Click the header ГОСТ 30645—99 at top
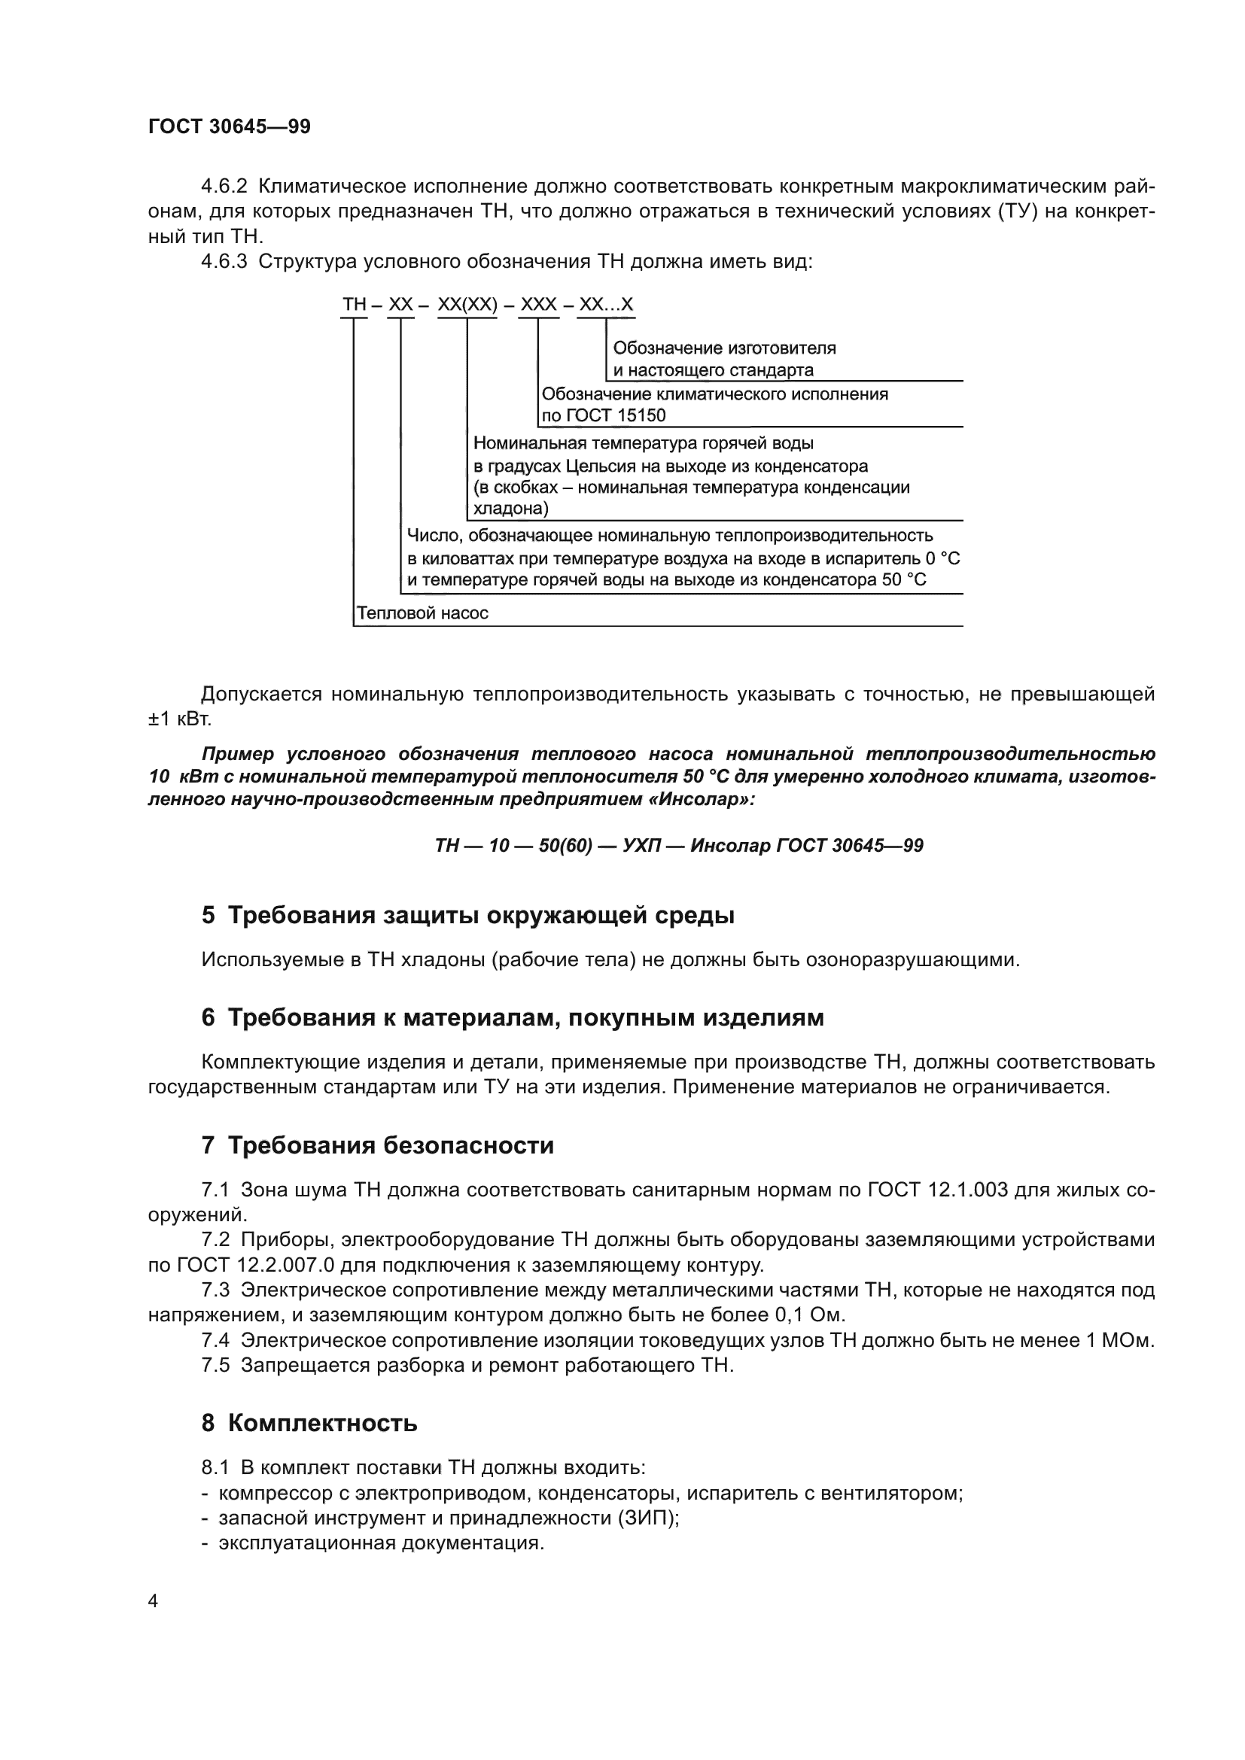tap(230, 126)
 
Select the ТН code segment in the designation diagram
tap(355, 304)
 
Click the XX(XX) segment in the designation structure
tap(467, 304)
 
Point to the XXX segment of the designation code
tap(538, 304)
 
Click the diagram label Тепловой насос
tap(422, 613)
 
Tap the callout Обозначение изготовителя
tap(724, 348)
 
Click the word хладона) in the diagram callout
tap(510, 507)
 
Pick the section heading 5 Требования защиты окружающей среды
tap(467, 915)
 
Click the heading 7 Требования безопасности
tap(377, 1145)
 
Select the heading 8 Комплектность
tap(309, 1423)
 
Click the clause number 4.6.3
tap(224, 261)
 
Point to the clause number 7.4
tap(215, 1340)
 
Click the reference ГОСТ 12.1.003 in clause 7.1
tap(937, 1190)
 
